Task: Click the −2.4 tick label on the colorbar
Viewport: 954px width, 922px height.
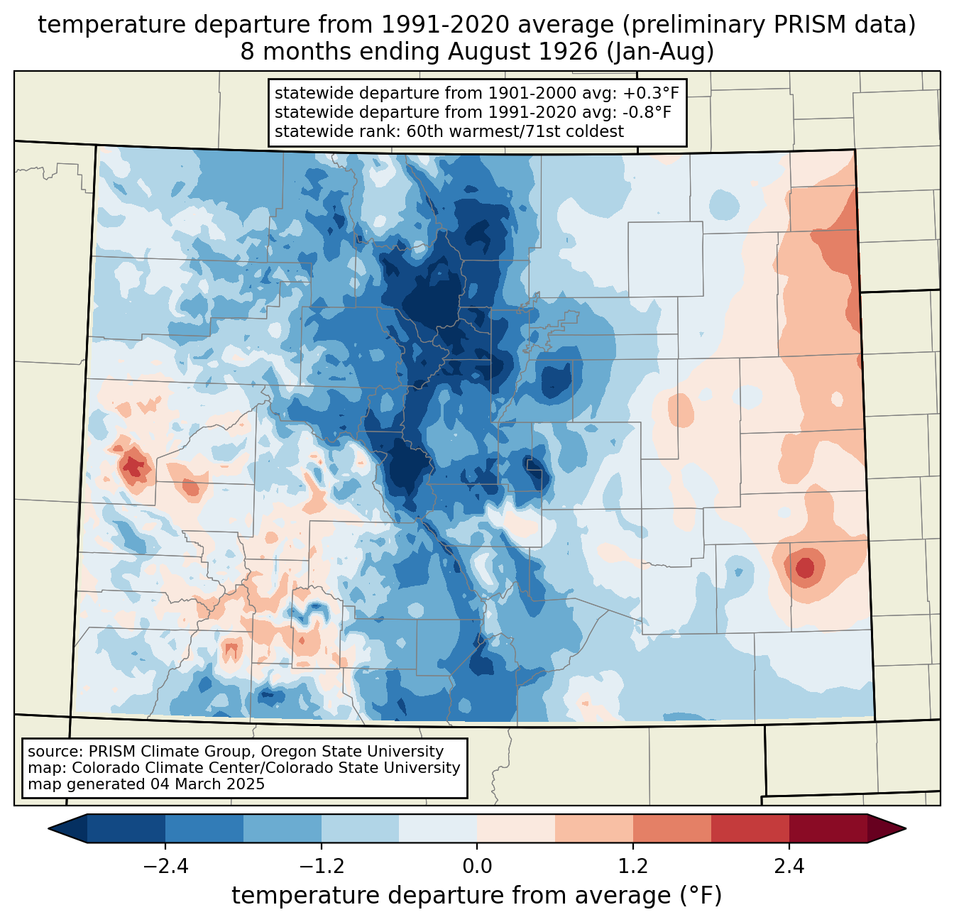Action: click(x=165, y=867)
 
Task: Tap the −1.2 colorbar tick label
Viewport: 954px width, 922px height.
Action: click(x=322, y=867)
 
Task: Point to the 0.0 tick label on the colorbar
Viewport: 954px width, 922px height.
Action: click(x=477, y=867)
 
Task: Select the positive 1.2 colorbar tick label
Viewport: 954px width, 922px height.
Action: click(x=633, y=867)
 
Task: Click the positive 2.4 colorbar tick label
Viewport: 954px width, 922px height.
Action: click(x=789, y=867)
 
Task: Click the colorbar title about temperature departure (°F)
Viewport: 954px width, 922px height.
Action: click(x=477, y=896)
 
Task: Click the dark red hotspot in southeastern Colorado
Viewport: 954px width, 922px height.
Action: click(x=805, y=568)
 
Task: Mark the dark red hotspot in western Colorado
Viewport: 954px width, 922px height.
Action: click(x=133, y=467)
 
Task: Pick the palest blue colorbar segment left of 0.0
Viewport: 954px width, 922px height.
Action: click(x=438, y=828)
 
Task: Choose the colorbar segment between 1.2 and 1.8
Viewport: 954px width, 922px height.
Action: click(x=671, y=828)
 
